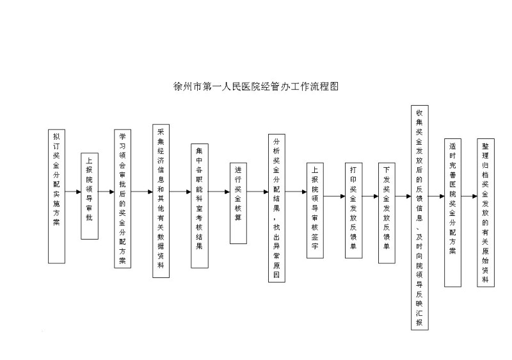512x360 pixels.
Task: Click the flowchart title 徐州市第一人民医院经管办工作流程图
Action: tap(256, 86)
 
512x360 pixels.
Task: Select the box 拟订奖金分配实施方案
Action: tap(56, 196)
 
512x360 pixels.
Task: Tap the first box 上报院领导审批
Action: tap(90, 196)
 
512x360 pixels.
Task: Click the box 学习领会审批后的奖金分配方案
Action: tap(122, 199)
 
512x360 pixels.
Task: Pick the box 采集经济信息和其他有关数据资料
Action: tap(161, 201)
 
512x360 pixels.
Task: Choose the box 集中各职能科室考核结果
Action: tap(200, 206)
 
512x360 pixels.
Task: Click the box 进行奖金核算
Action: tap(238, 203)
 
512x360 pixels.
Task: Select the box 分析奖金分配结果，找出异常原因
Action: tap(276, 208)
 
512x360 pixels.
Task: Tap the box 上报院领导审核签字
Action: tap(315, 210)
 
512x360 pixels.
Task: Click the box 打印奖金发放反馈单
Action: tap(354, 210)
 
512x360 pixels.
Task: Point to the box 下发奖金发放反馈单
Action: tap(387, 213)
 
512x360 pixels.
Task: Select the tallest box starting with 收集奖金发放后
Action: tap(420, 218)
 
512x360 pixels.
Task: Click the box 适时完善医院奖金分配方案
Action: tap(452, 213)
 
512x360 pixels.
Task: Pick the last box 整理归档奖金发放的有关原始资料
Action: tap(486, 213)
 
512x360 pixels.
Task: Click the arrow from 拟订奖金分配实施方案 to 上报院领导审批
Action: tap(73, 192)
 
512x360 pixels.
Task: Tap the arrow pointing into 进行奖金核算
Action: tap(219, 192)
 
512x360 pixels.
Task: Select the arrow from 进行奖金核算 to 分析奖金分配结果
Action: tap(258, 192)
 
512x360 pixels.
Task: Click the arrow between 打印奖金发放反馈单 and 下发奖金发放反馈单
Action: tap(371, 196)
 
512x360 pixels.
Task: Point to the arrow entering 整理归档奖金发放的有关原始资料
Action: tap(469, 196)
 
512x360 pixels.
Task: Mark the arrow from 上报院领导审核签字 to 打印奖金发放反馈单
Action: tap(334, 196)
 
